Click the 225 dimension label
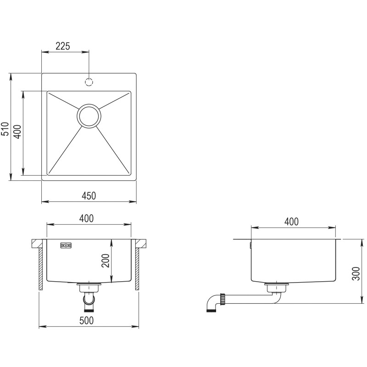63,46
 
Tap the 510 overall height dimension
5,129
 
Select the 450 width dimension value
89,196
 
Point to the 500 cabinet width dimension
86,321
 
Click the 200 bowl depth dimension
106,261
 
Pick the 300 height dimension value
356,273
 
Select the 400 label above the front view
86,218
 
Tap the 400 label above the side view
291,222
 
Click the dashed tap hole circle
89,82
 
